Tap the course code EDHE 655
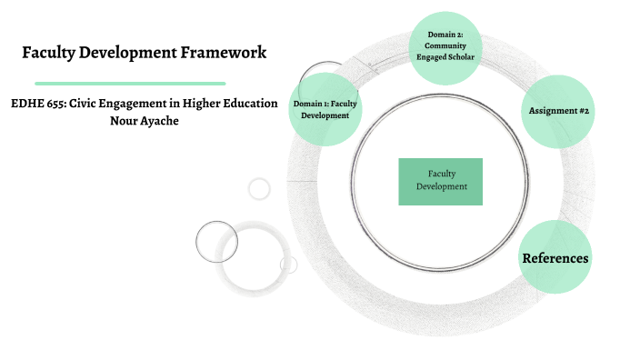click(37, 104)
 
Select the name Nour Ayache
click(144, 121)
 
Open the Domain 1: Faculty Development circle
click(325, 110)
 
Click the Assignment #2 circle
click(559, 110)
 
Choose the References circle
click(555, 258)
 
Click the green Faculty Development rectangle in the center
click(441, 180)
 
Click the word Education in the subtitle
click(250, 104)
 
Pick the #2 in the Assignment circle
click(582, 110)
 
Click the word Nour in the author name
click(123, 121)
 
